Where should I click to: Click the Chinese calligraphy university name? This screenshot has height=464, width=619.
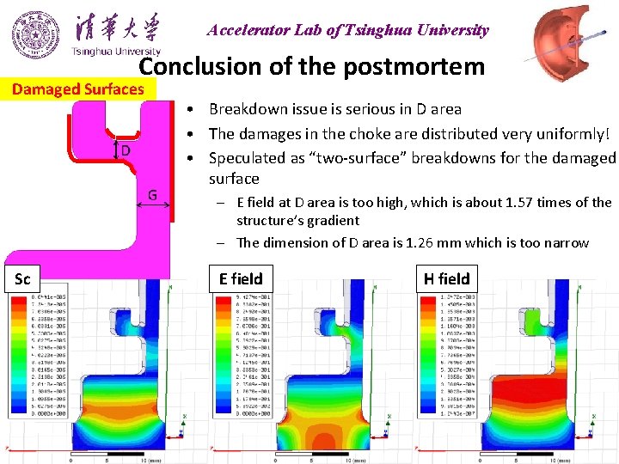(x=117, y=27)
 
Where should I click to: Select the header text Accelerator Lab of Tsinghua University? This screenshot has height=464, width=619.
(x=347, y=30)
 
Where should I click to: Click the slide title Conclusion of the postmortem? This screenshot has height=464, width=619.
(x=312, y=67)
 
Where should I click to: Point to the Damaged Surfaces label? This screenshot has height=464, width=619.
(x=78, y=89)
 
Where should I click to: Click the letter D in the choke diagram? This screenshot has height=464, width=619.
(x=125, y=150)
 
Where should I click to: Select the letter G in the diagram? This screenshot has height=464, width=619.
(x=152, y=195)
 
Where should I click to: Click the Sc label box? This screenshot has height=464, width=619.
(x=23, y=278)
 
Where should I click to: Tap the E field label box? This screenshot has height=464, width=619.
(x=241, y=278)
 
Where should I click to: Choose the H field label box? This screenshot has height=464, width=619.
(x=446, y=278)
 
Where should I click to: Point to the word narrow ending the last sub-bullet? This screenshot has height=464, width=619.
(x=567, y=242)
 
